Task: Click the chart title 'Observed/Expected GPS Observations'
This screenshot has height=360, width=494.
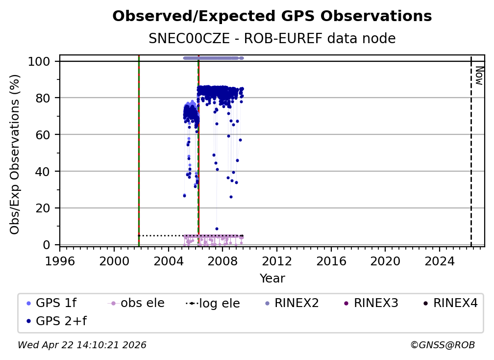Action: point(272,17)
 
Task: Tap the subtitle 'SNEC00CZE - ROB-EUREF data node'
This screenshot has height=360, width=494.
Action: point(272,39)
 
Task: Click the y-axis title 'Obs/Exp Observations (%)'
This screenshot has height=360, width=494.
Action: point(15,154)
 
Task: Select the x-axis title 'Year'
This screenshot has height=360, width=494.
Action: point(272,279)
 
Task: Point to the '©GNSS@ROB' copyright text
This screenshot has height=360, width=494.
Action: point(442,345)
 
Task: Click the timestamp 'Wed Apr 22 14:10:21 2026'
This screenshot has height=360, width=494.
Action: point(82,345)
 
